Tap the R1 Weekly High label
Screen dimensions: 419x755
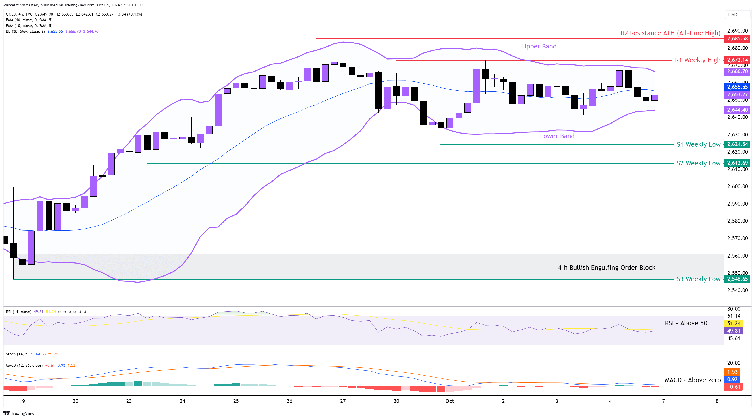697,60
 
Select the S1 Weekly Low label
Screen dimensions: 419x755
698,144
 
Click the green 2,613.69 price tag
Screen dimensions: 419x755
737,163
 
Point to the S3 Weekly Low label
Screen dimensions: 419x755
698,279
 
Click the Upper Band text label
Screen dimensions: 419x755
539,46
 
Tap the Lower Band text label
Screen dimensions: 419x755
557,136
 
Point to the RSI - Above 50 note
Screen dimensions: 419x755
686,323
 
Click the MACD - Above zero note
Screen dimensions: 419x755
692,380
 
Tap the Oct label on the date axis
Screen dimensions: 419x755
449,401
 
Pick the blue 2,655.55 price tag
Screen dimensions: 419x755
737,87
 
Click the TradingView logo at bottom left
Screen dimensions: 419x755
19,413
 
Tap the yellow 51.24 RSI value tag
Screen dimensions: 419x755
734,323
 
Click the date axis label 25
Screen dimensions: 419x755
236,401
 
